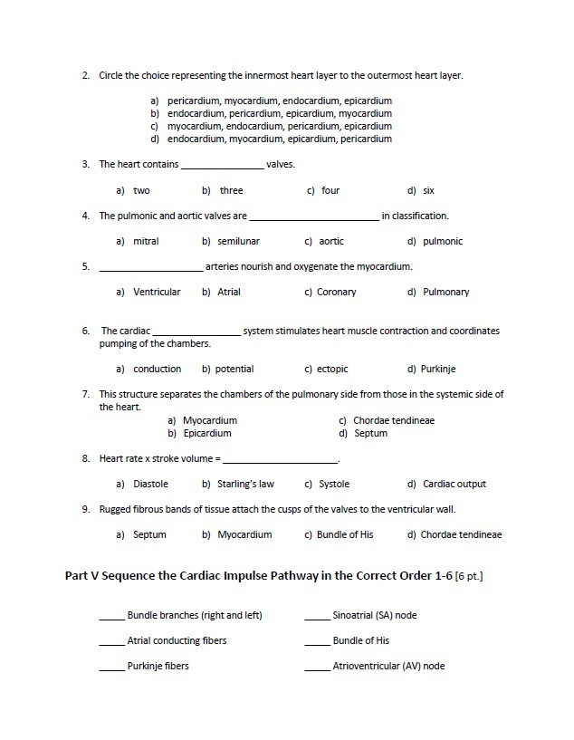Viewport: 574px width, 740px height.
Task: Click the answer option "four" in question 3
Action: (330, 191)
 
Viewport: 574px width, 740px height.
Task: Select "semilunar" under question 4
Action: (238, 242)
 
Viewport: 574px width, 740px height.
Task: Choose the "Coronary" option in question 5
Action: (336, 293)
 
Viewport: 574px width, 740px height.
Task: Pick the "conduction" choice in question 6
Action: (157, 370)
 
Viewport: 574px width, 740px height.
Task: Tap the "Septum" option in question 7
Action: (370, 434)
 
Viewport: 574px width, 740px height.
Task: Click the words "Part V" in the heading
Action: (87, 576)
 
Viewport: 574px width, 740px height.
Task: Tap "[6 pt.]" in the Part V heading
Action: (469, 576)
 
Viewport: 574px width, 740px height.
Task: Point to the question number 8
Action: (85, 459)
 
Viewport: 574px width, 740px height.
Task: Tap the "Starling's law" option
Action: (245, 485)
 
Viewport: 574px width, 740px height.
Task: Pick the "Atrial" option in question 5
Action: (229, 293)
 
